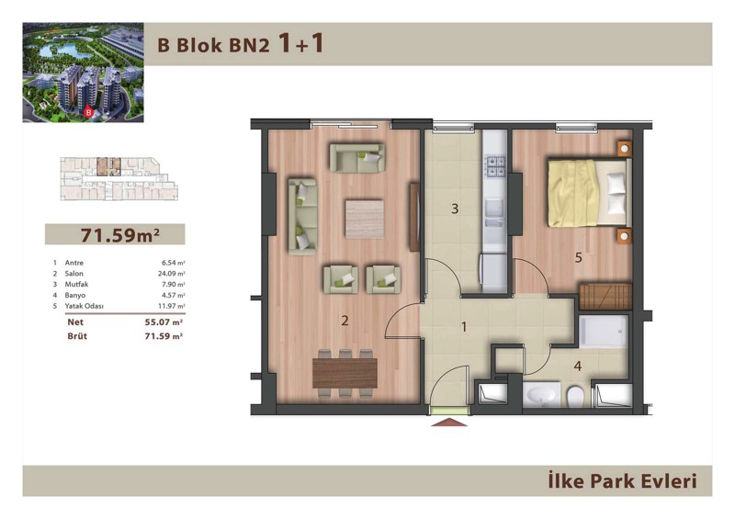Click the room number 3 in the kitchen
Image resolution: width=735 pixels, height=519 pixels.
pos(454,209)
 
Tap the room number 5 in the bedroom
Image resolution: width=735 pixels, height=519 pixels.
pos(579,257)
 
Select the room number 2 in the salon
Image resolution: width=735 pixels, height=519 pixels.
pos(345,321)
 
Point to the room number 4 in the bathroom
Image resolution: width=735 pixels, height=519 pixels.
pos(578,366)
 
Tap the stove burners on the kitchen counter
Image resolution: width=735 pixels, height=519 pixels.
pos(495,166)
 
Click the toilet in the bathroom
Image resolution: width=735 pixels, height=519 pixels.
pos(575,397)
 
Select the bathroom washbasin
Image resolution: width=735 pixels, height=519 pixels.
pos(541,395)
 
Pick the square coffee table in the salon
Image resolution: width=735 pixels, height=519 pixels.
pos(364,219)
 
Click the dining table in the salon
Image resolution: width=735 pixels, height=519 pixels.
pos(345,373)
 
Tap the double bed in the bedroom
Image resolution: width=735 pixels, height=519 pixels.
pos(589,193)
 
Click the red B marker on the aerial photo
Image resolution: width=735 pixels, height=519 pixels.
pos(87,112)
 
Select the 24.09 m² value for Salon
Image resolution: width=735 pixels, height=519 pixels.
pos(172,274)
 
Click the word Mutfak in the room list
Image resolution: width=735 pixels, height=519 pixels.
pos(76,284)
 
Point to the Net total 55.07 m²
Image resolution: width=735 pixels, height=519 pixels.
pos(164,322)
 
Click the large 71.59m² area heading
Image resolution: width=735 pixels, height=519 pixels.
pos(120,234)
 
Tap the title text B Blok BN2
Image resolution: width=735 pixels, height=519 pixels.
pos(214,46)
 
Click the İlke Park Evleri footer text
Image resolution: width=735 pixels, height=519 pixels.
pos(623,481)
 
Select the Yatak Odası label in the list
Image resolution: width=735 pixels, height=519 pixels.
pos(84,306)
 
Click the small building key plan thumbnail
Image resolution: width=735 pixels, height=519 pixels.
pos(119,178)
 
